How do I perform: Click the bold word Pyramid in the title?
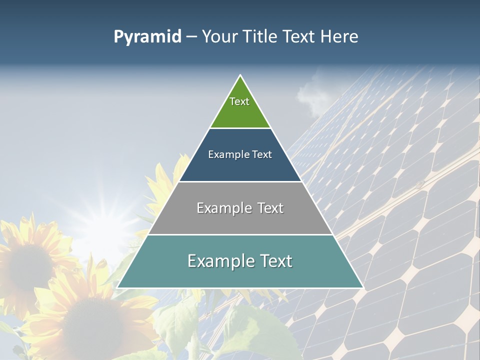pos(147,37)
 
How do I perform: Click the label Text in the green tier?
pos(239,101)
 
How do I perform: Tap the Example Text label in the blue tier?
pos(240,154)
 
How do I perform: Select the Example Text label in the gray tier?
pos(240,208)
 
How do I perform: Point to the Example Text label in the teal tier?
pos(240,261)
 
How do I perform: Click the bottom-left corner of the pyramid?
pos(117,287)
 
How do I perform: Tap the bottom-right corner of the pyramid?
pos(362,287)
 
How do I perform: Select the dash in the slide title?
pos(191,37)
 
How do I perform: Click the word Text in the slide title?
pos(299,37)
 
